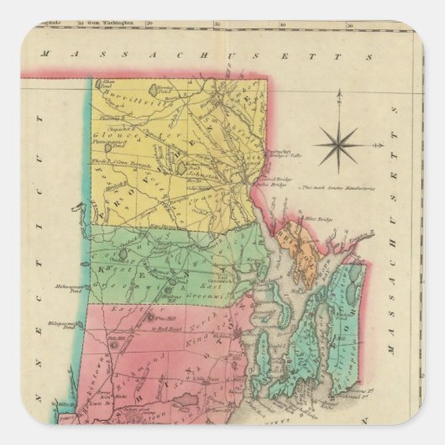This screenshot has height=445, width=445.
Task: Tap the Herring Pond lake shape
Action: coord(154,88)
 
